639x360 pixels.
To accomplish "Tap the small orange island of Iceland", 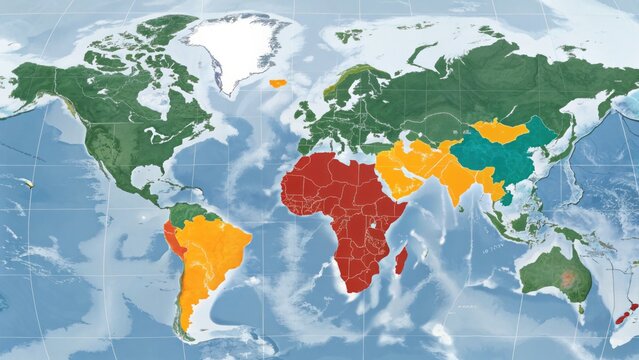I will click(x=277, y=83).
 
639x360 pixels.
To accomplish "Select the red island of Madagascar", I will click(x=401, y=261).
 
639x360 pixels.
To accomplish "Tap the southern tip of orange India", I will click(x=457, y=201).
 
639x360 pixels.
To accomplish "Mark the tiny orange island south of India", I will click(x=467, y=212).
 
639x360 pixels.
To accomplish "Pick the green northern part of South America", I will click(x=189, y=214).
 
